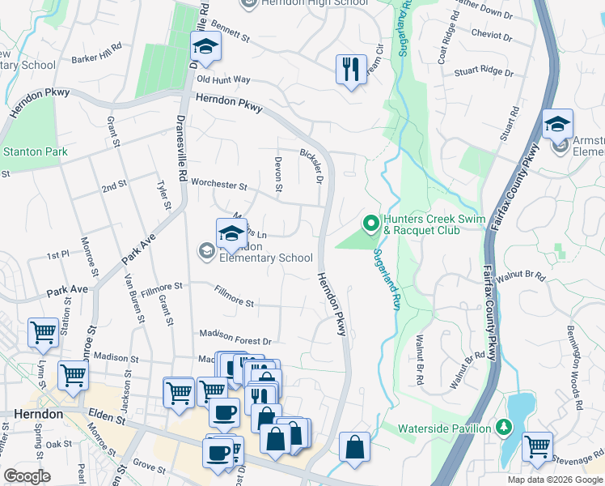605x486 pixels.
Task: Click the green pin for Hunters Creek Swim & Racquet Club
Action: [371, 221]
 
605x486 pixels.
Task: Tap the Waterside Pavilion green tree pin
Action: [503, 427]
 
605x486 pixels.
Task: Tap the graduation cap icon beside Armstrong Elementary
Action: [557, 125]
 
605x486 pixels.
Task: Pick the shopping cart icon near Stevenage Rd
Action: [537, 446]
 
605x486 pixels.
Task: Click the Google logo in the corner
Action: [27, 475]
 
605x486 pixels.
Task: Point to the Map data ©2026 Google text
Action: [554, 480]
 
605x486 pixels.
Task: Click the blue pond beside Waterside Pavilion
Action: [522, 408]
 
